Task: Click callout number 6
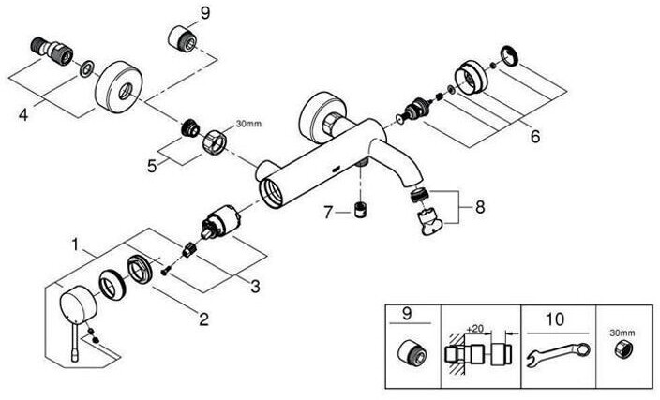click(534, 137)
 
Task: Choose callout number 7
click(327, 213)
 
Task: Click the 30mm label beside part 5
click(248, 124)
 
